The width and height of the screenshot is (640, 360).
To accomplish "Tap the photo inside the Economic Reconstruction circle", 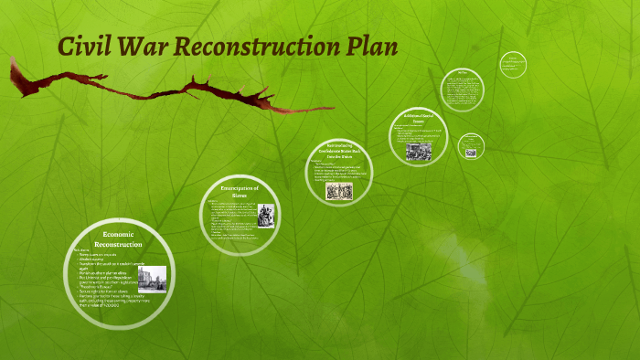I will click(x=152, y=279).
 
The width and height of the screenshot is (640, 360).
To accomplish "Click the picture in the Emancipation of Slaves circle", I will click(x=265, y=217).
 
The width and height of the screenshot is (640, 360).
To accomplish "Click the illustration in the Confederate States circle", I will click(x=339, y=191).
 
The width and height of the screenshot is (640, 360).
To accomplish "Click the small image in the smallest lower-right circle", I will click(x=471, y=153).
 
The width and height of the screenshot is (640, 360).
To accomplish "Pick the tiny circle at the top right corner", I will click(x=513, y=64).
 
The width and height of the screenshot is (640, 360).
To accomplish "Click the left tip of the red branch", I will click(x=12, y=61).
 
